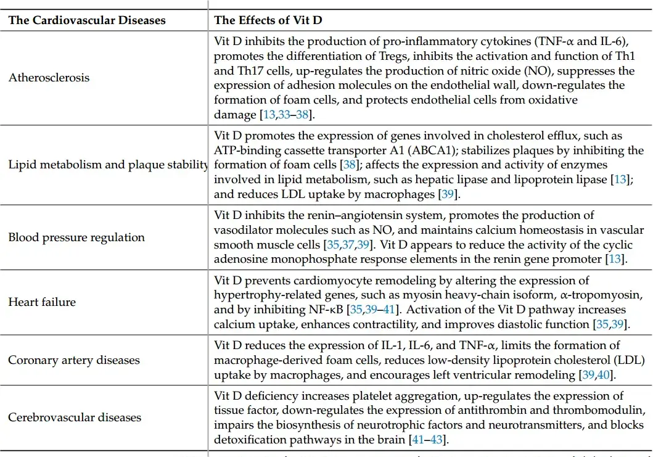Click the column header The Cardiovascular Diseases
point(87,20)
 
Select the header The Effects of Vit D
point(268,20)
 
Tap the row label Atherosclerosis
point(49,77)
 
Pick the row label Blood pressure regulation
point(76,237)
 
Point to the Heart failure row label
point(42,302)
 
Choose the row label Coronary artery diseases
point(74,360)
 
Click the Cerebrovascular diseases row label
point(75,418)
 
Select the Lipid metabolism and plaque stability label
point(108,165)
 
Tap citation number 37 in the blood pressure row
point(349,245)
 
